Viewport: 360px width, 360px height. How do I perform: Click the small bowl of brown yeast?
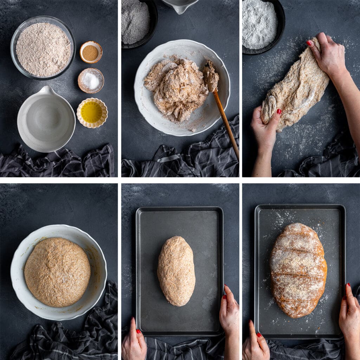91,52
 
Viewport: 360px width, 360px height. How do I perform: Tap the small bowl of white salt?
91,81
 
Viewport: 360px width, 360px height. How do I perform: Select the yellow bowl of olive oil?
92,112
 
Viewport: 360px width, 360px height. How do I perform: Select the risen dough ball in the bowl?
57,271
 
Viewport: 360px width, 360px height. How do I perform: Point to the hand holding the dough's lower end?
266,130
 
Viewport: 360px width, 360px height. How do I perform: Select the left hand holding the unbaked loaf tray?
134,343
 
